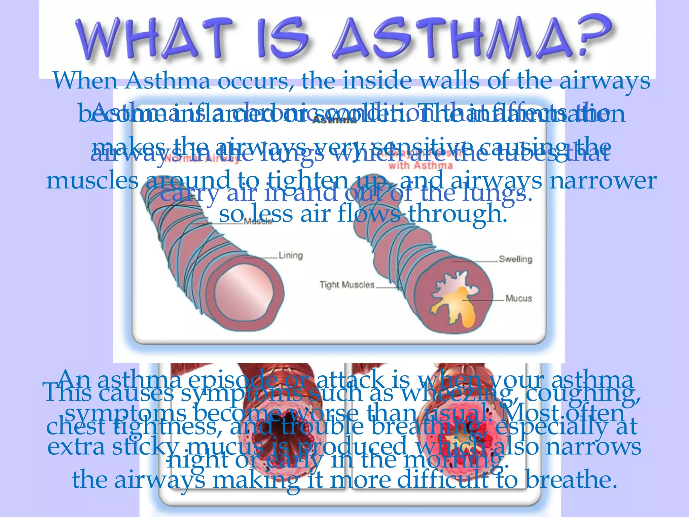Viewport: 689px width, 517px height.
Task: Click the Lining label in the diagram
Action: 291,255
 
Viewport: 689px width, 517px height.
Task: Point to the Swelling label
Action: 515,259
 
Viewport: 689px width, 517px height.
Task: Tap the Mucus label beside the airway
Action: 518,299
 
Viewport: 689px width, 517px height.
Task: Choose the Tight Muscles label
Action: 347,285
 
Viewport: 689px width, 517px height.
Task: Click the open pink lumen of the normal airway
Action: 244,292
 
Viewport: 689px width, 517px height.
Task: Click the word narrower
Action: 603,181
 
